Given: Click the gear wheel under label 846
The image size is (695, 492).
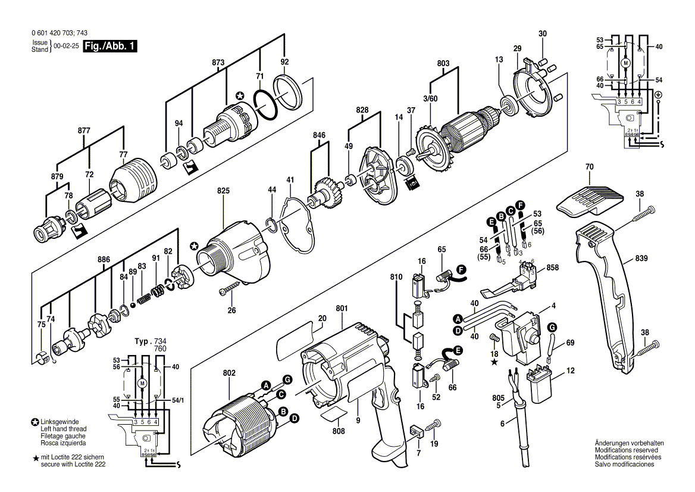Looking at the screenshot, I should tap(325, 194).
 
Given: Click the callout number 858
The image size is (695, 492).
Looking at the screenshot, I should tap(553, 269).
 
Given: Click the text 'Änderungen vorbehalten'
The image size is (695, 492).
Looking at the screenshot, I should tap(629, 443).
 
